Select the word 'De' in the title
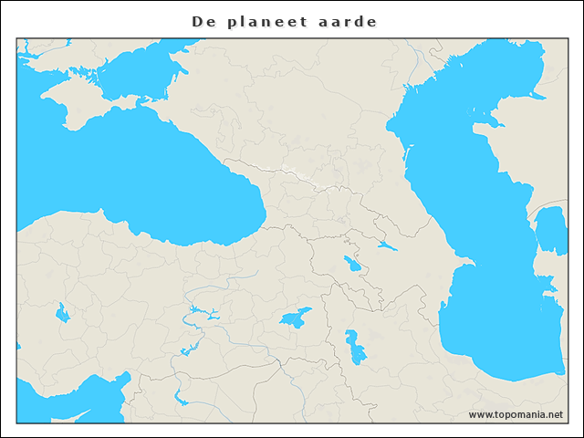(x=203, y=21)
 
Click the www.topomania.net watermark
(x=516, y=414)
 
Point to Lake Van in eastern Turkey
(x=294, y=319)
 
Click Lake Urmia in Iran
(x=353, y=346)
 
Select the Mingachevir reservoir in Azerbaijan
(x=387, y=245)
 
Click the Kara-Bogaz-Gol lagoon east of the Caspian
(x=550, y=228)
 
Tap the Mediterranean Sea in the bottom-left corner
(x=36, y=401)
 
